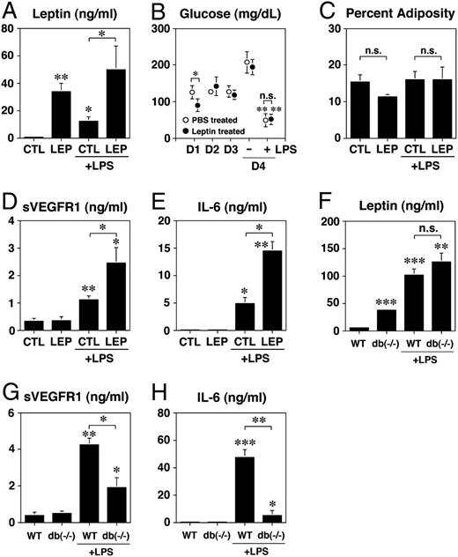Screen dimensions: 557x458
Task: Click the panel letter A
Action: click(9, 11)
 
